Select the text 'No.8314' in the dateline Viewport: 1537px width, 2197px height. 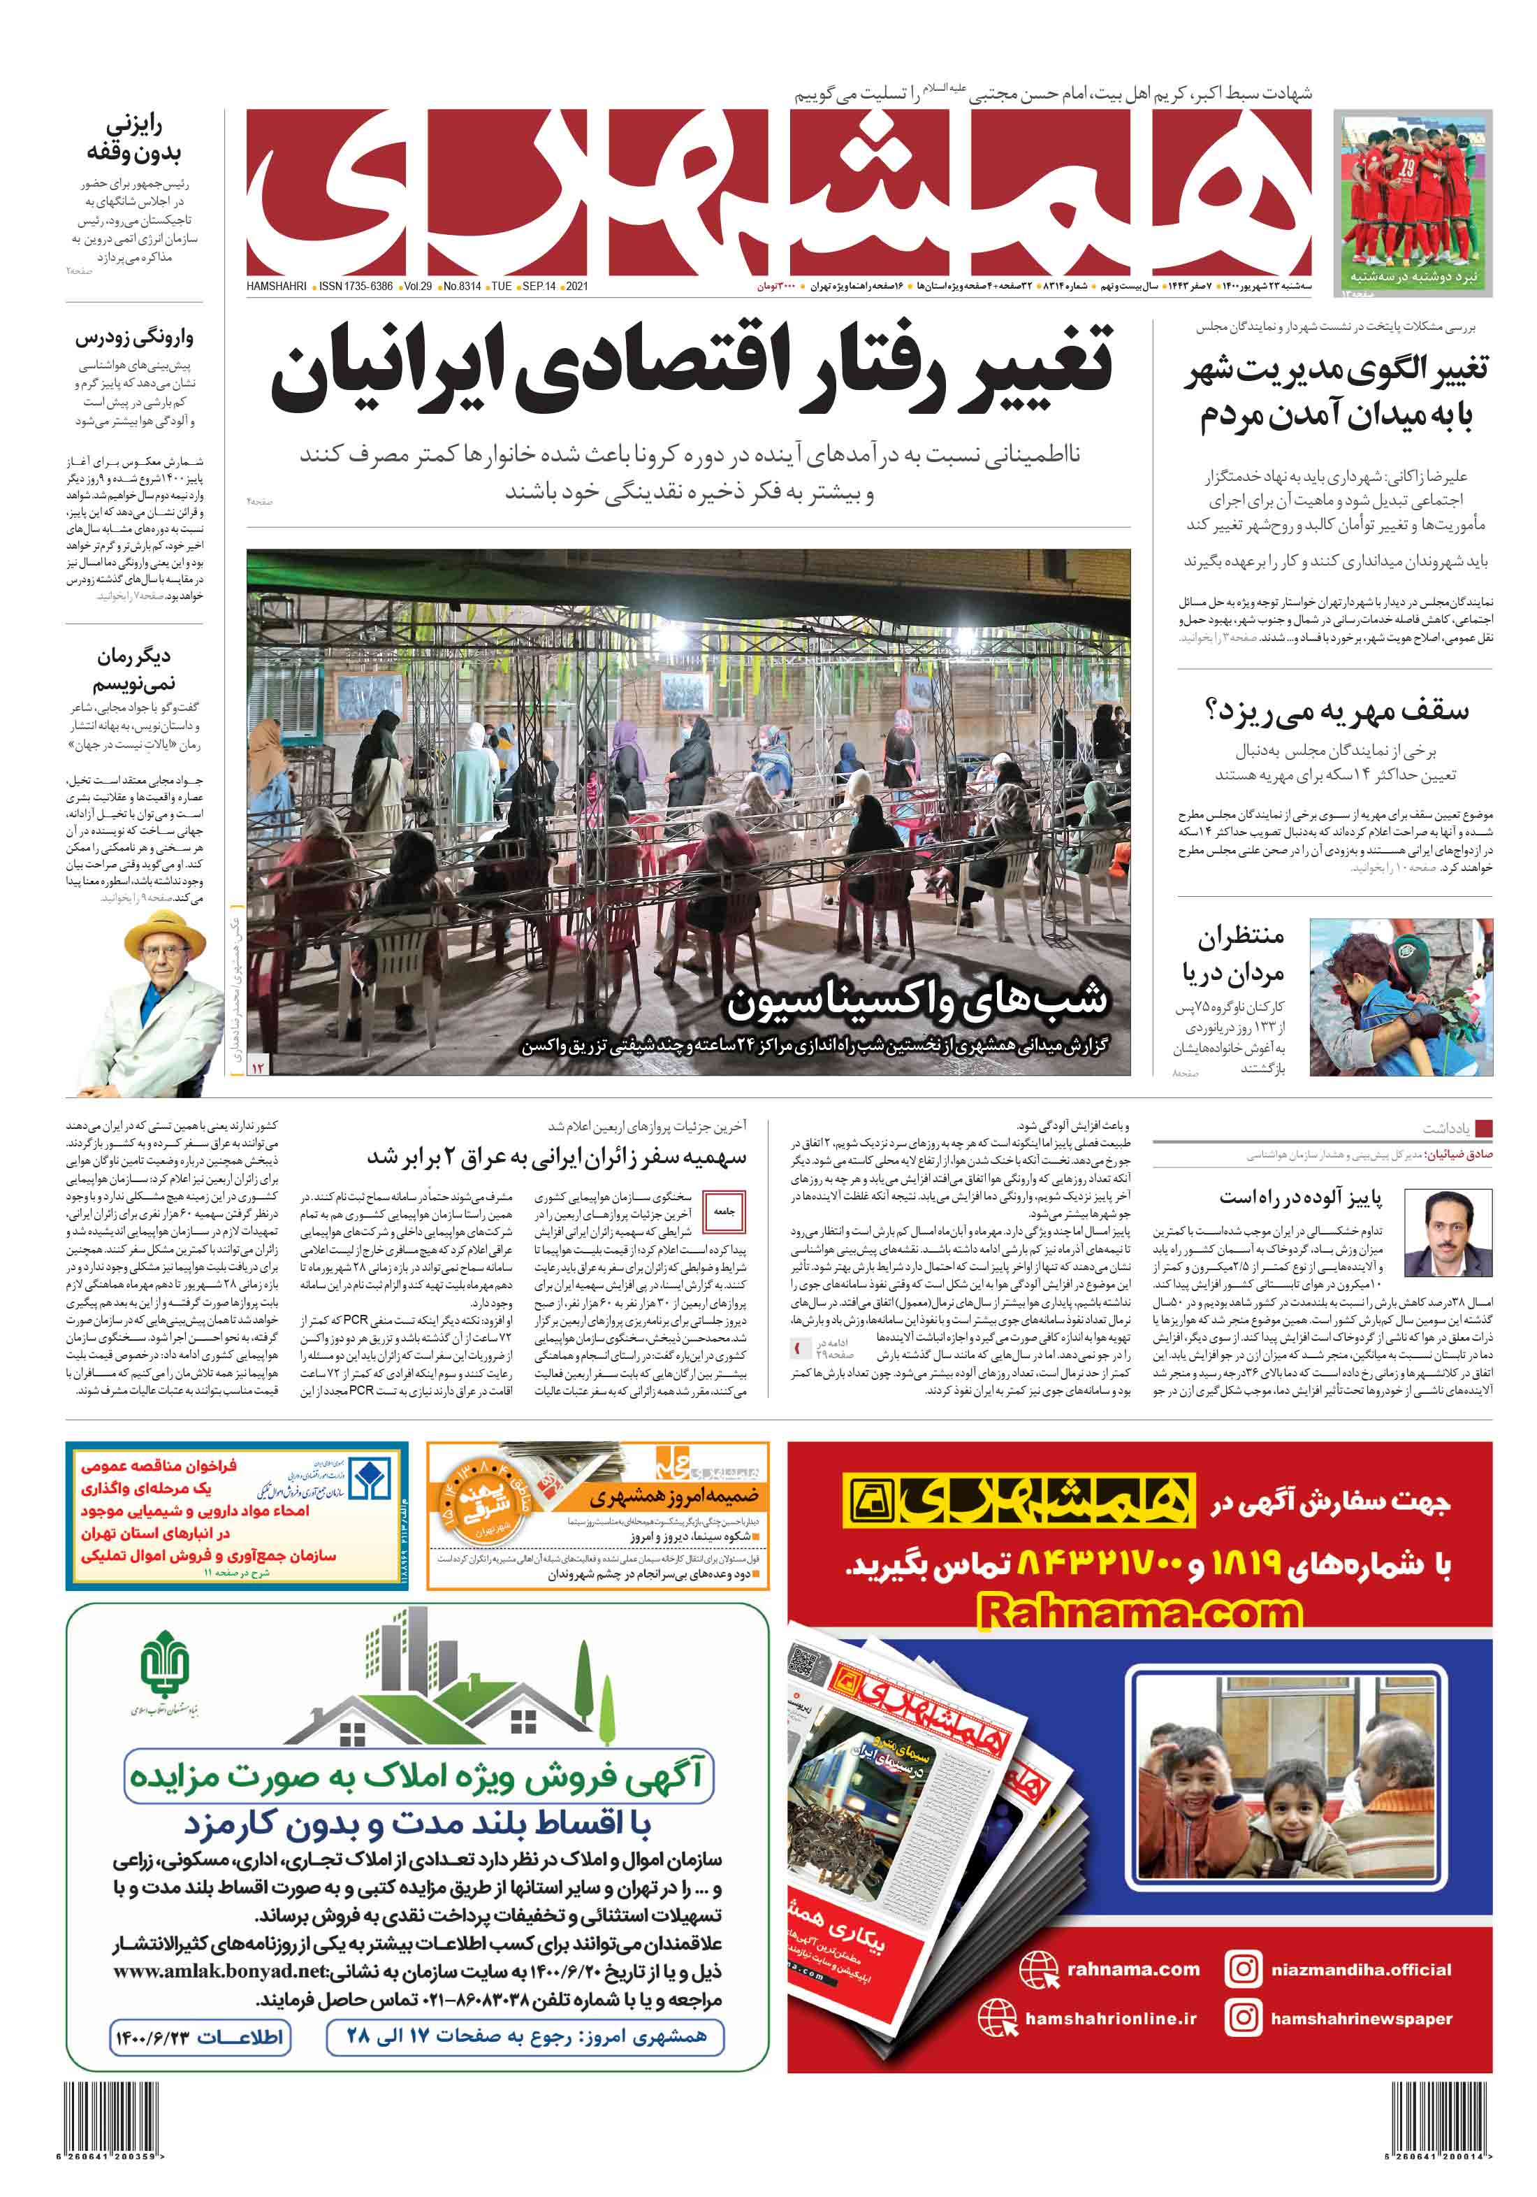[x=462, y=286]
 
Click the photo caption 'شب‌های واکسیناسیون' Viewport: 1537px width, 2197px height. [x=917, y=999]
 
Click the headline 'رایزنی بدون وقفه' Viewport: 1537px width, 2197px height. [x=134, y=138]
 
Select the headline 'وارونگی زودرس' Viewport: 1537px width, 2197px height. [x=134, y=338]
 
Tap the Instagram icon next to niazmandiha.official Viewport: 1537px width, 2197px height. [x=1242, y=1968]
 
